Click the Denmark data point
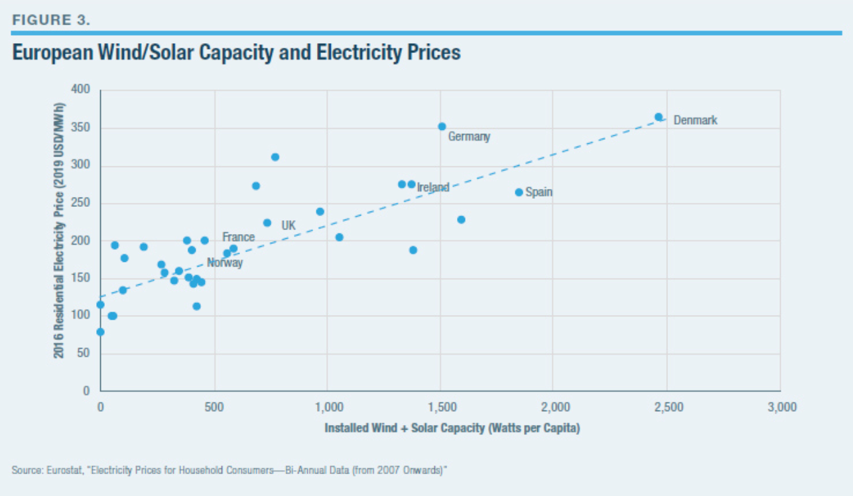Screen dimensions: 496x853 (659, 117)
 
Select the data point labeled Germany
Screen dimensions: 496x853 (442, 127)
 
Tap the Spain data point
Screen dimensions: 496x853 (519, 192)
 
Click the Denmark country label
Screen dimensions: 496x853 (695, 121)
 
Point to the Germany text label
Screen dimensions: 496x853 (469, 137)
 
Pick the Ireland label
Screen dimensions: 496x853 (433, 188)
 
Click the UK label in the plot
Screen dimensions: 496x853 (289, 225)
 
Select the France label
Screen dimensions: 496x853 (238, 237)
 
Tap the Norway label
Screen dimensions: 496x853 (225, 263)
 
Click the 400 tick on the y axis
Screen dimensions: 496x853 (80, 90)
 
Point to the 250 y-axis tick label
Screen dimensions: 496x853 (80, 203)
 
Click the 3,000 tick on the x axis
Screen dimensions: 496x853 (780, 407)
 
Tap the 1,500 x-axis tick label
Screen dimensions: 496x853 (440, 407)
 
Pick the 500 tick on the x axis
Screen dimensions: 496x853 (214, 407)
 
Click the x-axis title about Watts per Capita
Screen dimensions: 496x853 (452, 428)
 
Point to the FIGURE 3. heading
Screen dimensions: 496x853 (50, 19)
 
